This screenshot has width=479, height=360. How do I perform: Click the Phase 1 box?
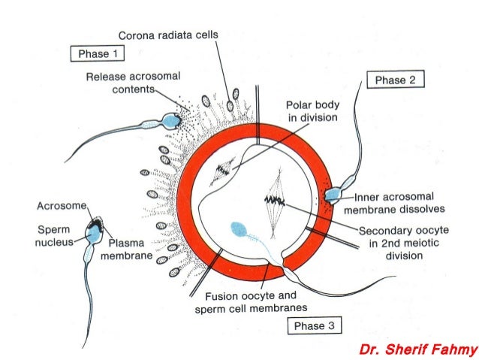[97, 54]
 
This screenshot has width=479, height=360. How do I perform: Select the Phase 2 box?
[395, 80]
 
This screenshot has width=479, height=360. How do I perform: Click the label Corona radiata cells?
[168, 35]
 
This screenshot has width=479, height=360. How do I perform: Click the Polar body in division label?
[311, 112]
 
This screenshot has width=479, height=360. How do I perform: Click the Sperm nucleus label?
[53, 234]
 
